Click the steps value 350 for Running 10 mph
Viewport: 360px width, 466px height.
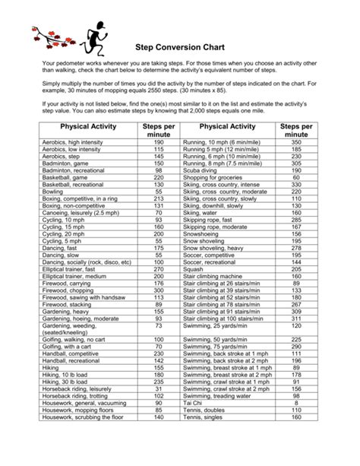(x=296, y=142)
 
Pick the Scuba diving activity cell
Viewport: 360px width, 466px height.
(x=201, y=171)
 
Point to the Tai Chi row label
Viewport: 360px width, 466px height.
(x=192, y=404)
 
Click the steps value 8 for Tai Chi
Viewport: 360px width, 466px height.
(x=296, y=404)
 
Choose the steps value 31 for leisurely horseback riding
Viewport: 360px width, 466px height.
(x=159, y=388)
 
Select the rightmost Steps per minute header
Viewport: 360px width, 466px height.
(x=296, y=129)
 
